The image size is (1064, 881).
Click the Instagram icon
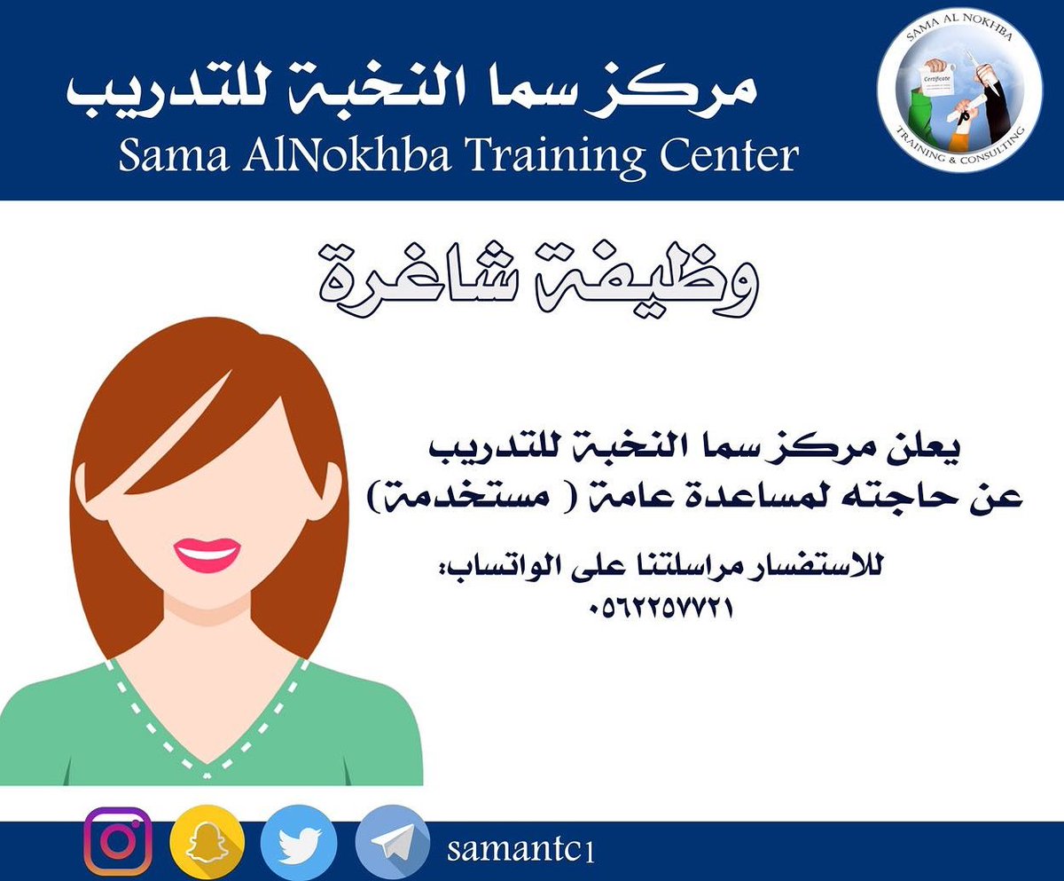pyautogui.click(x=118, y=841)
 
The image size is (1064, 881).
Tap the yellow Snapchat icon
pyautogui.click(x=207, y=843)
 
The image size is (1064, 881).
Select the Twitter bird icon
pyautogui.click(x=299, y=843)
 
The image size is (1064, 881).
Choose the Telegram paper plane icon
pyautogui.click(x=393, y=843)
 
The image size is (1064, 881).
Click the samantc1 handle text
pyautogui.click(x=520, y=849)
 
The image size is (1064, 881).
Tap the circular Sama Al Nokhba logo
pyautogui.click(x=960, y=90)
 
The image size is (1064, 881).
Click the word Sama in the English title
pyautogui.click(x=174, y=155)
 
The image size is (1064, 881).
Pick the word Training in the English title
pyautogui.click(x=555, y=157)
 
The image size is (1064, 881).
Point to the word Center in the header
pyautogui.click(x=729, y=155)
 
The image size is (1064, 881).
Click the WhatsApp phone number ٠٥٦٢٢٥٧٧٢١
pyautogui.click(x=661, y=608)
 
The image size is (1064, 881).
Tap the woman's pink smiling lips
pyautogui.click(x=207, y=555)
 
